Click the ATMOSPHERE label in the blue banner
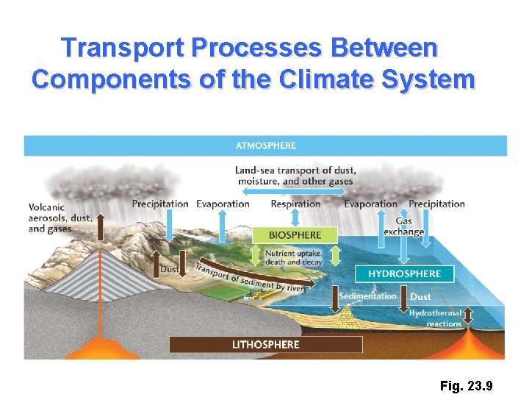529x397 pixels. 265,146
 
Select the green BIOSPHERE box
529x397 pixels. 295,235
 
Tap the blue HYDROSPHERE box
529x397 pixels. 405,273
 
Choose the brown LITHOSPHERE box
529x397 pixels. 266,344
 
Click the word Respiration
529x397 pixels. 295,204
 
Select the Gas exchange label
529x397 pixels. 403,226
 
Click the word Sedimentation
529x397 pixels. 367,296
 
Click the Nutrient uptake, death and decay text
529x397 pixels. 294,257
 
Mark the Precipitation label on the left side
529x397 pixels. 160,204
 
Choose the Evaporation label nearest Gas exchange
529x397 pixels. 370,204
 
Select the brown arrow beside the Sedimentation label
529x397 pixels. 403,296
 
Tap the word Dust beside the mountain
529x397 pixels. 169,270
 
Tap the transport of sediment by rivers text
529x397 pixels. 250,278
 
